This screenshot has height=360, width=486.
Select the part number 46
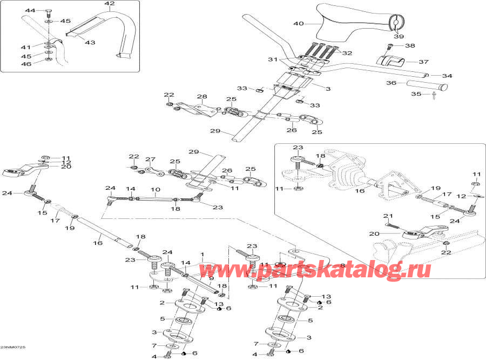point(26,64)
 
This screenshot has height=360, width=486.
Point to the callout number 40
point(299,23)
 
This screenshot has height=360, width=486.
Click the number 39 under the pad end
point(399,36)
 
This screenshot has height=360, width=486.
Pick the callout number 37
point(409,62)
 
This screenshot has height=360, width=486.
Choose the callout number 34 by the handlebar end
point(447,76)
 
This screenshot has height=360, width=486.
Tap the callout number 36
point(391,83)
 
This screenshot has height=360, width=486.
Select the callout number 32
point(347,53)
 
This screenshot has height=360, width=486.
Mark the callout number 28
point(201,97)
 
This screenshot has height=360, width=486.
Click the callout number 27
point(150,159)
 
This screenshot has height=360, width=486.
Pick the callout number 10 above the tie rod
point(155,190)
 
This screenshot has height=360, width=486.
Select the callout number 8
point(341,265)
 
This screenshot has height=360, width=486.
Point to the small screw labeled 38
point(389,47)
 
